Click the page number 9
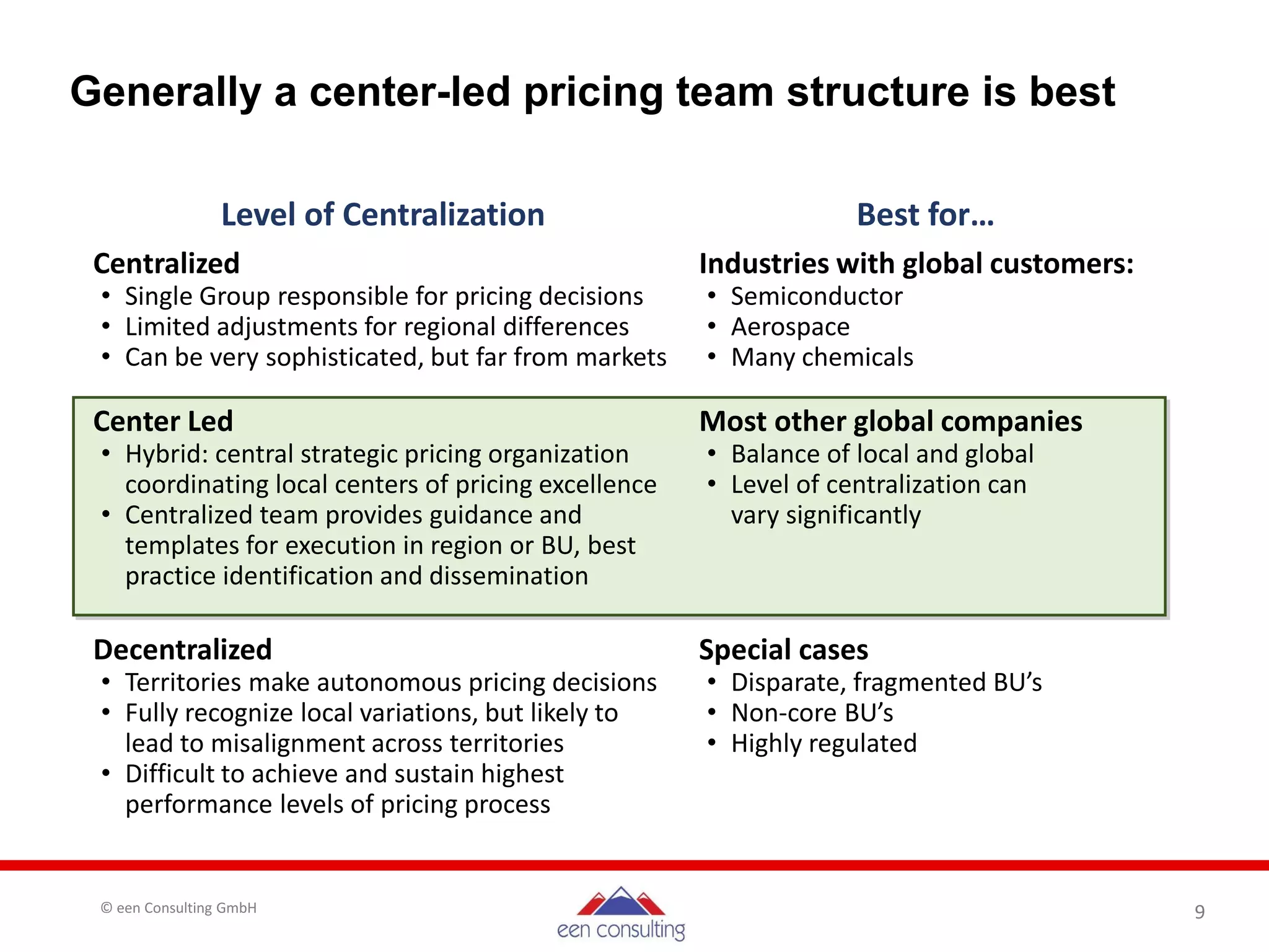tap(1200, 912)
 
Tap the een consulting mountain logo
tap(621, 912)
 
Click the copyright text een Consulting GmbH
tap(178, 908)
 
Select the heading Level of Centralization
tap(382, 215)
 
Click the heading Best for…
tap(925, 215)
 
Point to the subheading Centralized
tap(166, 263)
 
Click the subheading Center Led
tap(163, 421)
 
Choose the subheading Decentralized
tap(183, 650)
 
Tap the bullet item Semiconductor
tap(816, 296)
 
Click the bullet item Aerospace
tap(790, 327)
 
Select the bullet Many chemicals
tap(822, 358)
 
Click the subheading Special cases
tap(783, 650)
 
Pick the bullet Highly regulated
tap(823, 743)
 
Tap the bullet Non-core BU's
tap(812, 713)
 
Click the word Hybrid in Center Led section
tap(166, 454)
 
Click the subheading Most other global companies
tap(890, 421)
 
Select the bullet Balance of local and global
tap(882, 454)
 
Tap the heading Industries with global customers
tap(916, 263)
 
